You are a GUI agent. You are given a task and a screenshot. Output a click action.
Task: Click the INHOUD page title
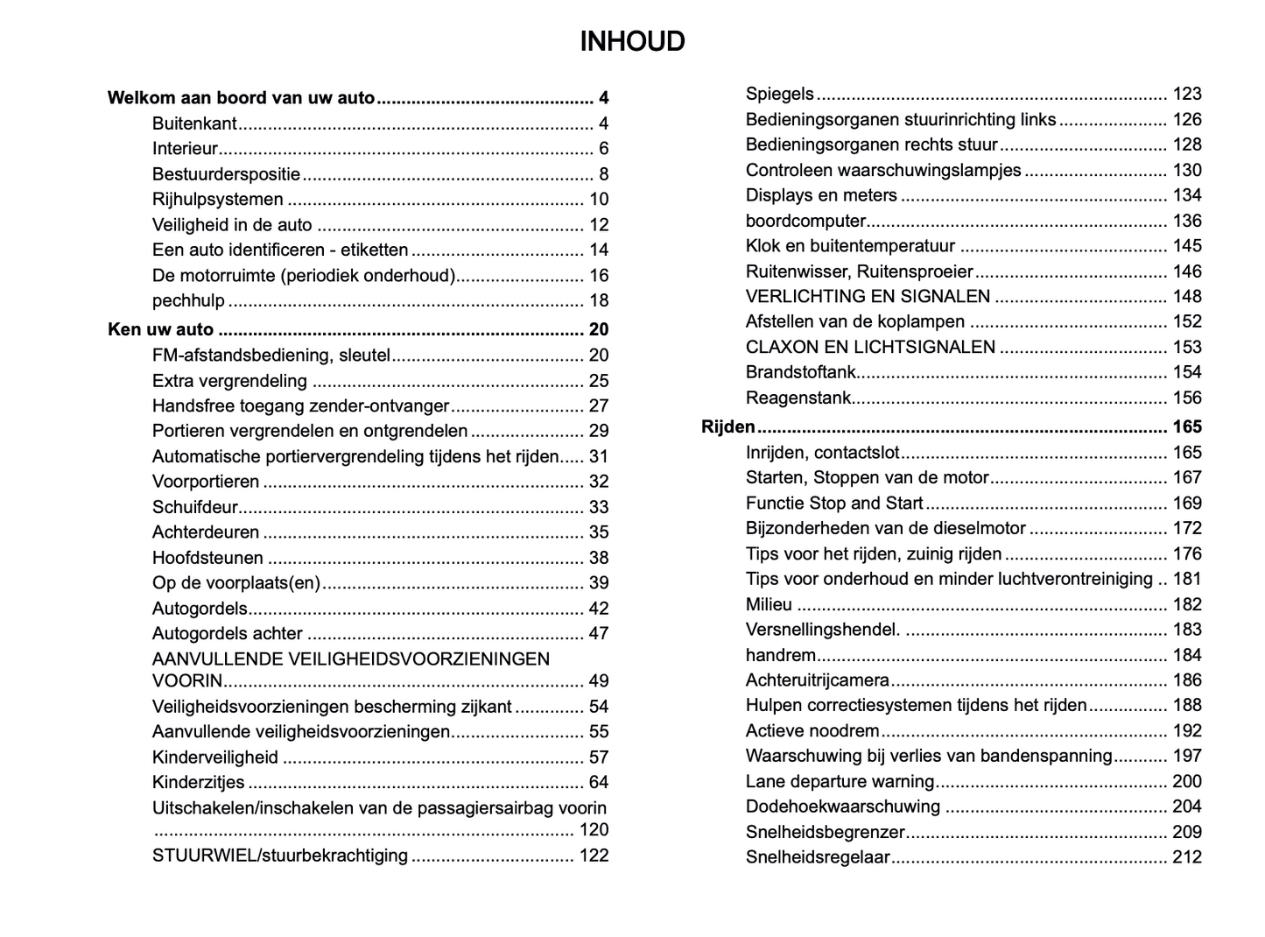632,42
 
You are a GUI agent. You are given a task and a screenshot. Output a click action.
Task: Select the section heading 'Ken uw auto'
160,330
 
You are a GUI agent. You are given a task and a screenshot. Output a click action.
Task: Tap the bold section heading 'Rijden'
727,427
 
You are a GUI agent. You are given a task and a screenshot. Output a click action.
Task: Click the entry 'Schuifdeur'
194,507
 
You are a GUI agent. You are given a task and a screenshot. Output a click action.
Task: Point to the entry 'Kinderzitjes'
198,783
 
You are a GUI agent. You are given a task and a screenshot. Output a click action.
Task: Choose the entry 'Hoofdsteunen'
207,558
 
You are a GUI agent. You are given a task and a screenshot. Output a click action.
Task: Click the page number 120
594,830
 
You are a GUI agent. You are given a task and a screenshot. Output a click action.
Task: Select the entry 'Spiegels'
779,94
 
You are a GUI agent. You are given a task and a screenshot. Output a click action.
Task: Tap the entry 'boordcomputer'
805,222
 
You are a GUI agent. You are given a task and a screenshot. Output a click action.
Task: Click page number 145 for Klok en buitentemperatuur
1187,246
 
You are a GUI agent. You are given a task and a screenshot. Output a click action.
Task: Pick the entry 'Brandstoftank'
800,373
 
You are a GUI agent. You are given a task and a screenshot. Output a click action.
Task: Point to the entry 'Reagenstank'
798,398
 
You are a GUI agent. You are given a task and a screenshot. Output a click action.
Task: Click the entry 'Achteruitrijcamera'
817,680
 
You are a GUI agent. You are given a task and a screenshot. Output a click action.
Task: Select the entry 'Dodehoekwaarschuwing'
842,807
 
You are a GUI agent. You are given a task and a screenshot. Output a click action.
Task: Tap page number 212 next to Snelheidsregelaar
1187,857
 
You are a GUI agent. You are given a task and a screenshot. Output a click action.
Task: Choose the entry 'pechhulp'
188,301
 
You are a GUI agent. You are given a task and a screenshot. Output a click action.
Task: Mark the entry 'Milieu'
769,604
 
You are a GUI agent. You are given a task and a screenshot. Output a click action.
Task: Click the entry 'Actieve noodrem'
812,731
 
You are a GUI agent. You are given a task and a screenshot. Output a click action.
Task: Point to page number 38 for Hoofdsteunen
599,558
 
